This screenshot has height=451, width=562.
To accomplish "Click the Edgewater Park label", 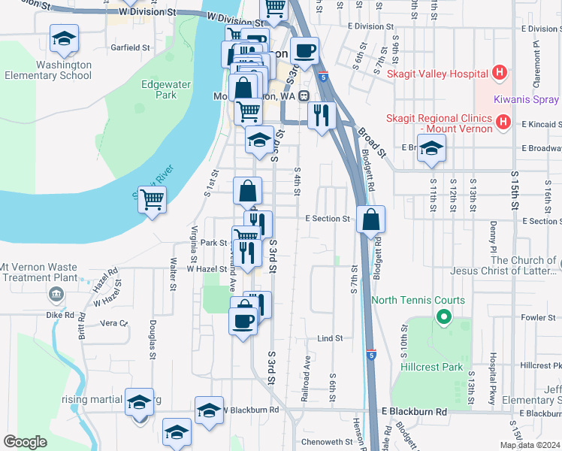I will [159, 89].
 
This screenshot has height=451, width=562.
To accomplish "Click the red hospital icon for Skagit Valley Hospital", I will [500, 74].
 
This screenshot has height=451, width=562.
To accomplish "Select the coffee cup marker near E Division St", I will [304, 51].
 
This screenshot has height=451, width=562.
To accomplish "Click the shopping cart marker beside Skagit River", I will [153, 200].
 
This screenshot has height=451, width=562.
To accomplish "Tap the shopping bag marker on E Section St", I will [370, 220].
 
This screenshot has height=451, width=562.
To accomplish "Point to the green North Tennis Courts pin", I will [443, 317].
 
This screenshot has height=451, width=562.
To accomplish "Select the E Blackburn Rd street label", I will [414, 412].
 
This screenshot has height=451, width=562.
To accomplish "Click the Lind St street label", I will [329, 338].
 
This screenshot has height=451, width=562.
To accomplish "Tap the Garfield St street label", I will [131, 47].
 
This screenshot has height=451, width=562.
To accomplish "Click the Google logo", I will [25, 442].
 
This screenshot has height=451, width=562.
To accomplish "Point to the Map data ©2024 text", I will [530, 445].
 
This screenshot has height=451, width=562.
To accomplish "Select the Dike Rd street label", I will [64, 315].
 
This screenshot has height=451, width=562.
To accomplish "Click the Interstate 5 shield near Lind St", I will [372, 353].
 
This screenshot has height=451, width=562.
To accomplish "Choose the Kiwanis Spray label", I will [526, 99].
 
